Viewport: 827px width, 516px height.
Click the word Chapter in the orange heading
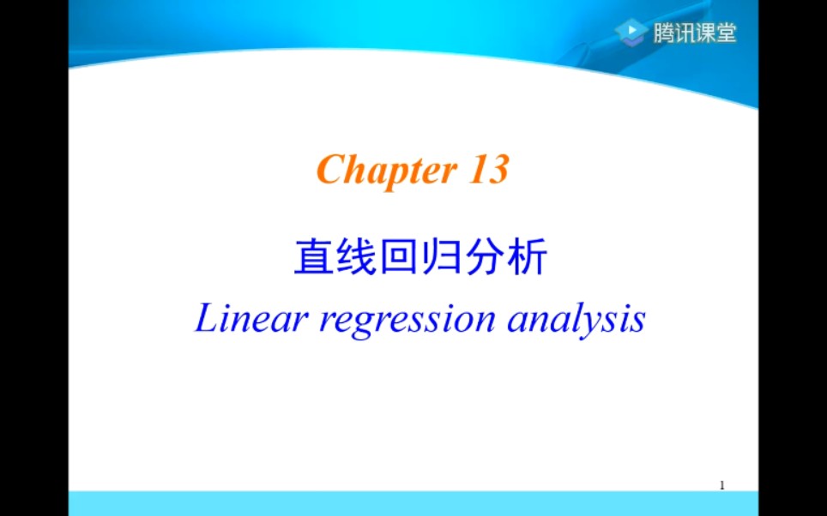(387, 171)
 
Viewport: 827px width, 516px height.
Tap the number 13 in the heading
(488, 169)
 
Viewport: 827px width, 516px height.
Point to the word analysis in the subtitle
(576, 321)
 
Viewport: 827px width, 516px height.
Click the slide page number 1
(722, 485)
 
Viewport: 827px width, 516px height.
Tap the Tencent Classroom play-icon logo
(631, 33)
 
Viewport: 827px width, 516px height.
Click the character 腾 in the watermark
(663, 33)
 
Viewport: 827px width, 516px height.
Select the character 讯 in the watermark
(684, 33)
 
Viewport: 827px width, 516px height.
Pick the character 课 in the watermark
(705, 33)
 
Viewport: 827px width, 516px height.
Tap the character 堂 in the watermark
(727, 33)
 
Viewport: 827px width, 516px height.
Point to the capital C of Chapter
(331, 169)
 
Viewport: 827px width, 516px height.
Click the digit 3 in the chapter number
(497, 169)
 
